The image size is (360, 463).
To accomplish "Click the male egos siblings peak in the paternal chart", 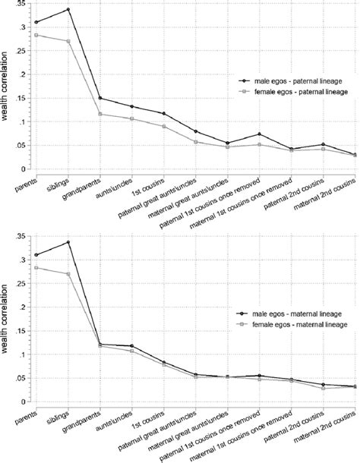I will pos(68,10).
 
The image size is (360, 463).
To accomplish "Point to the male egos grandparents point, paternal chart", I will pos(100,98).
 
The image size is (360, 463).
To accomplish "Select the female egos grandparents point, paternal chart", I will pos(100,114).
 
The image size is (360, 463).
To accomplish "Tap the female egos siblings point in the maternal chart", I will pos(68,274).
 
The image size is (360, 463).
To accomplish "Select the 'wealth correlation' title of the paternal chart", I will pos(6,87).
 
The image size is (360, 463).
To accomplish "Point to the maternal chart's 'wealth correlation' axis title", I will pos(6,319).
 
